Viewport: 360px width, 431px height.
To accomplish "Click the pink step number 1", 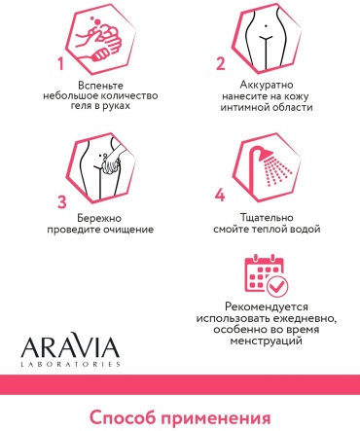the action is pyautogui.click(x=60, y=63).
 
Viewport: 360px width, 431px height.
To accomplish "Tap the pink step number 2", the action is pyautogui.click(x=221, y=64).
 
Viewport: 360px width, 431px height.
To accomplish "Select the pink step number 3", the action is pyautogui.click(x=62, y=201).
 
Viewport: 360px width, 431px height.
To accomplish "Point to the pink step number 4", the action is pyautogui.click(x=220, y=196).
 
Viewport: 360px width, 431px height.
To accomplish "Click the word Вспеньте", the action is pyautogui.click(x=100, y=86).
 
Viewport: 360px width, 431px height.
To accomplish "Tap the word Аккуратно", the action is pyautogui.click(x=267, y=85).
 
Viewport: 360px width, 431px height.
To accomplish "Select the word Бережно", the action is pyautogui.click(x=99, y=218).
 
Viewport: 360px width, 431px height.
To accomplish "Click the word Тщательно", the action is pyautogui.click(x=267, y=217).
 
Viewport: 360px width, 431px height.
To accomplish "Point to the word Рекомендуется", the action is pyautogui.click(x=267, y=306).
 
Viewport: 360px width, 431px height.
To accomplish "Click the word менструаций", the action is pyautogui.click(x=267, y=341).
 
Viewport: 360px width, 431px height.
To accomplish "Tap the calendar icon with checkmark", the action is pyautogui.click(x=266, y=275).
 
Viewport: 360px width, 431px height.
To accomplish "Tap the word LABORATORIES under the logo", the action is pyautogui.click(x=70, y=364).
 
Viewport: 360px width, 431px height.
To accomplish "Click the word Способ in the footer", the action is pyautogui.click(x=124, y=418).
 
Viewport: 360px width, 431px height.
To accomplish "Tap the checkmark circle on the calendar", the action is pyautogui.click(x=277, y=286).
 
